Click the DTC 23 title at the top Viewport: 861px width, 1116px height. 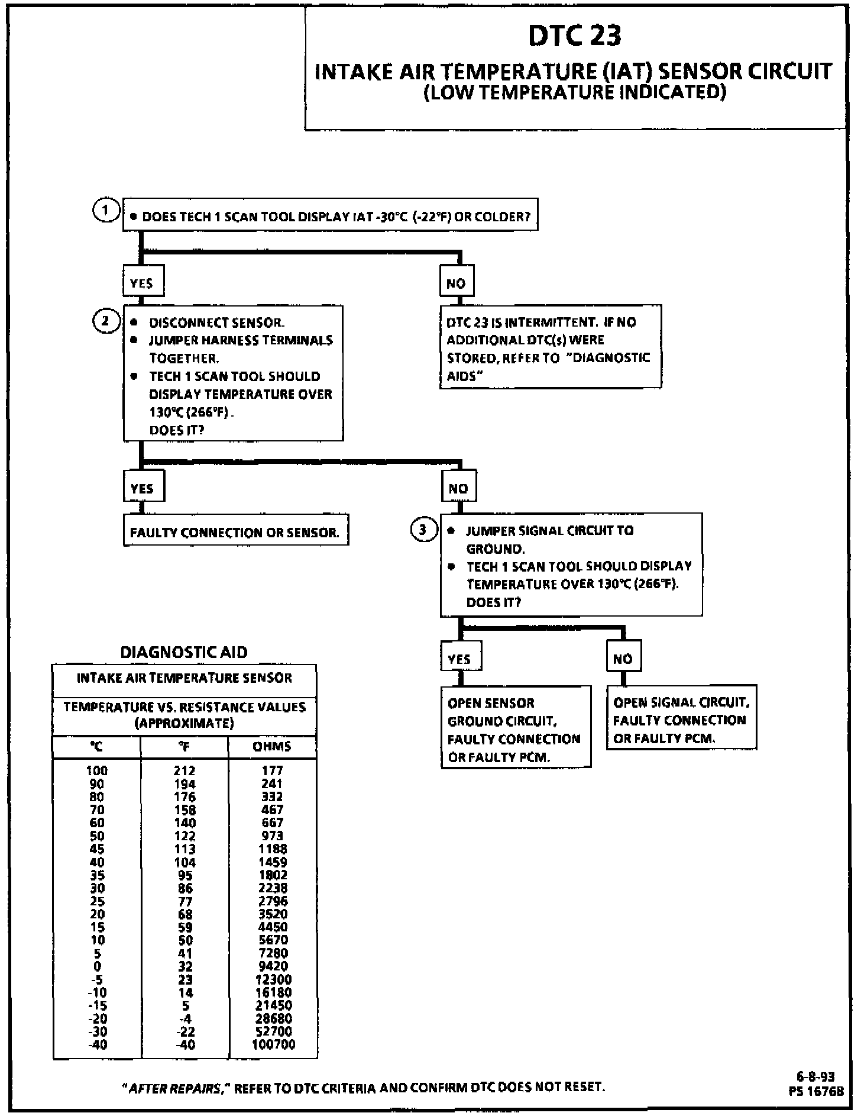pyautogui.click(x=574, y=36)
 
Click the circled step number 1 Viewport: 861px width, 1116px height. pyautogui.click(x=105, y=211)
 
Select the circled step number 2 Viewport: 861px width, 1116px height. pyautogui.click(x=105, y=321)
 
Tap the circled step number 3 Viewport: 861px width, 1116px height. pyautogui.click(x=423, y=530)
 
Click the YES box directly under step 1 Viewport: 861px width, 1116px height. pyautogui.click(x=143, y=282)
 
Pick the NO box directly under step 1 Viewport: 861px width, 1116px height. pyautogui.click(x=456, y=283)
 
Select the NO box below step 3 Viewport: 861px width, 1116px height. pyautogui.click(x=623, y=658)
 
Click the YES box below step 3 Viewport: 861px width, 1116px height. pyautogui.click(x=460, y=659)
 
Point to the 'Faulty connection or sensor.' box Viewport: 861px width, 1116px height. pyautogui.click(x=235, y=532)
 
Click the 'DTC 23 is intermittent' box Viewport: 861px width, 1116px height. pyautogui.click(x=550, y=348)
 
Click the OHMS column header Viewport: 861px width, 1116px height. pyautogui.click(x=272, y=746)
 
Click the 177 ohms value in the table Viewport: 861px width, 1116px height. pyautogui.click(x=273, y=770)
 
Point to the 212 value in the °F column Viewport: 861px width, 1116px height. pyautogui.click(x=184, y=770)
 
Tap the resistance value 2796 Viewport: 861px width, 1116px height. pyautogui.click(x=273, y=901)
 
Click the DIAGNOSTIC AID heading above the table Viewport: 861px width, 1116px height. pyautogui.click(x=184, y=652)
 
